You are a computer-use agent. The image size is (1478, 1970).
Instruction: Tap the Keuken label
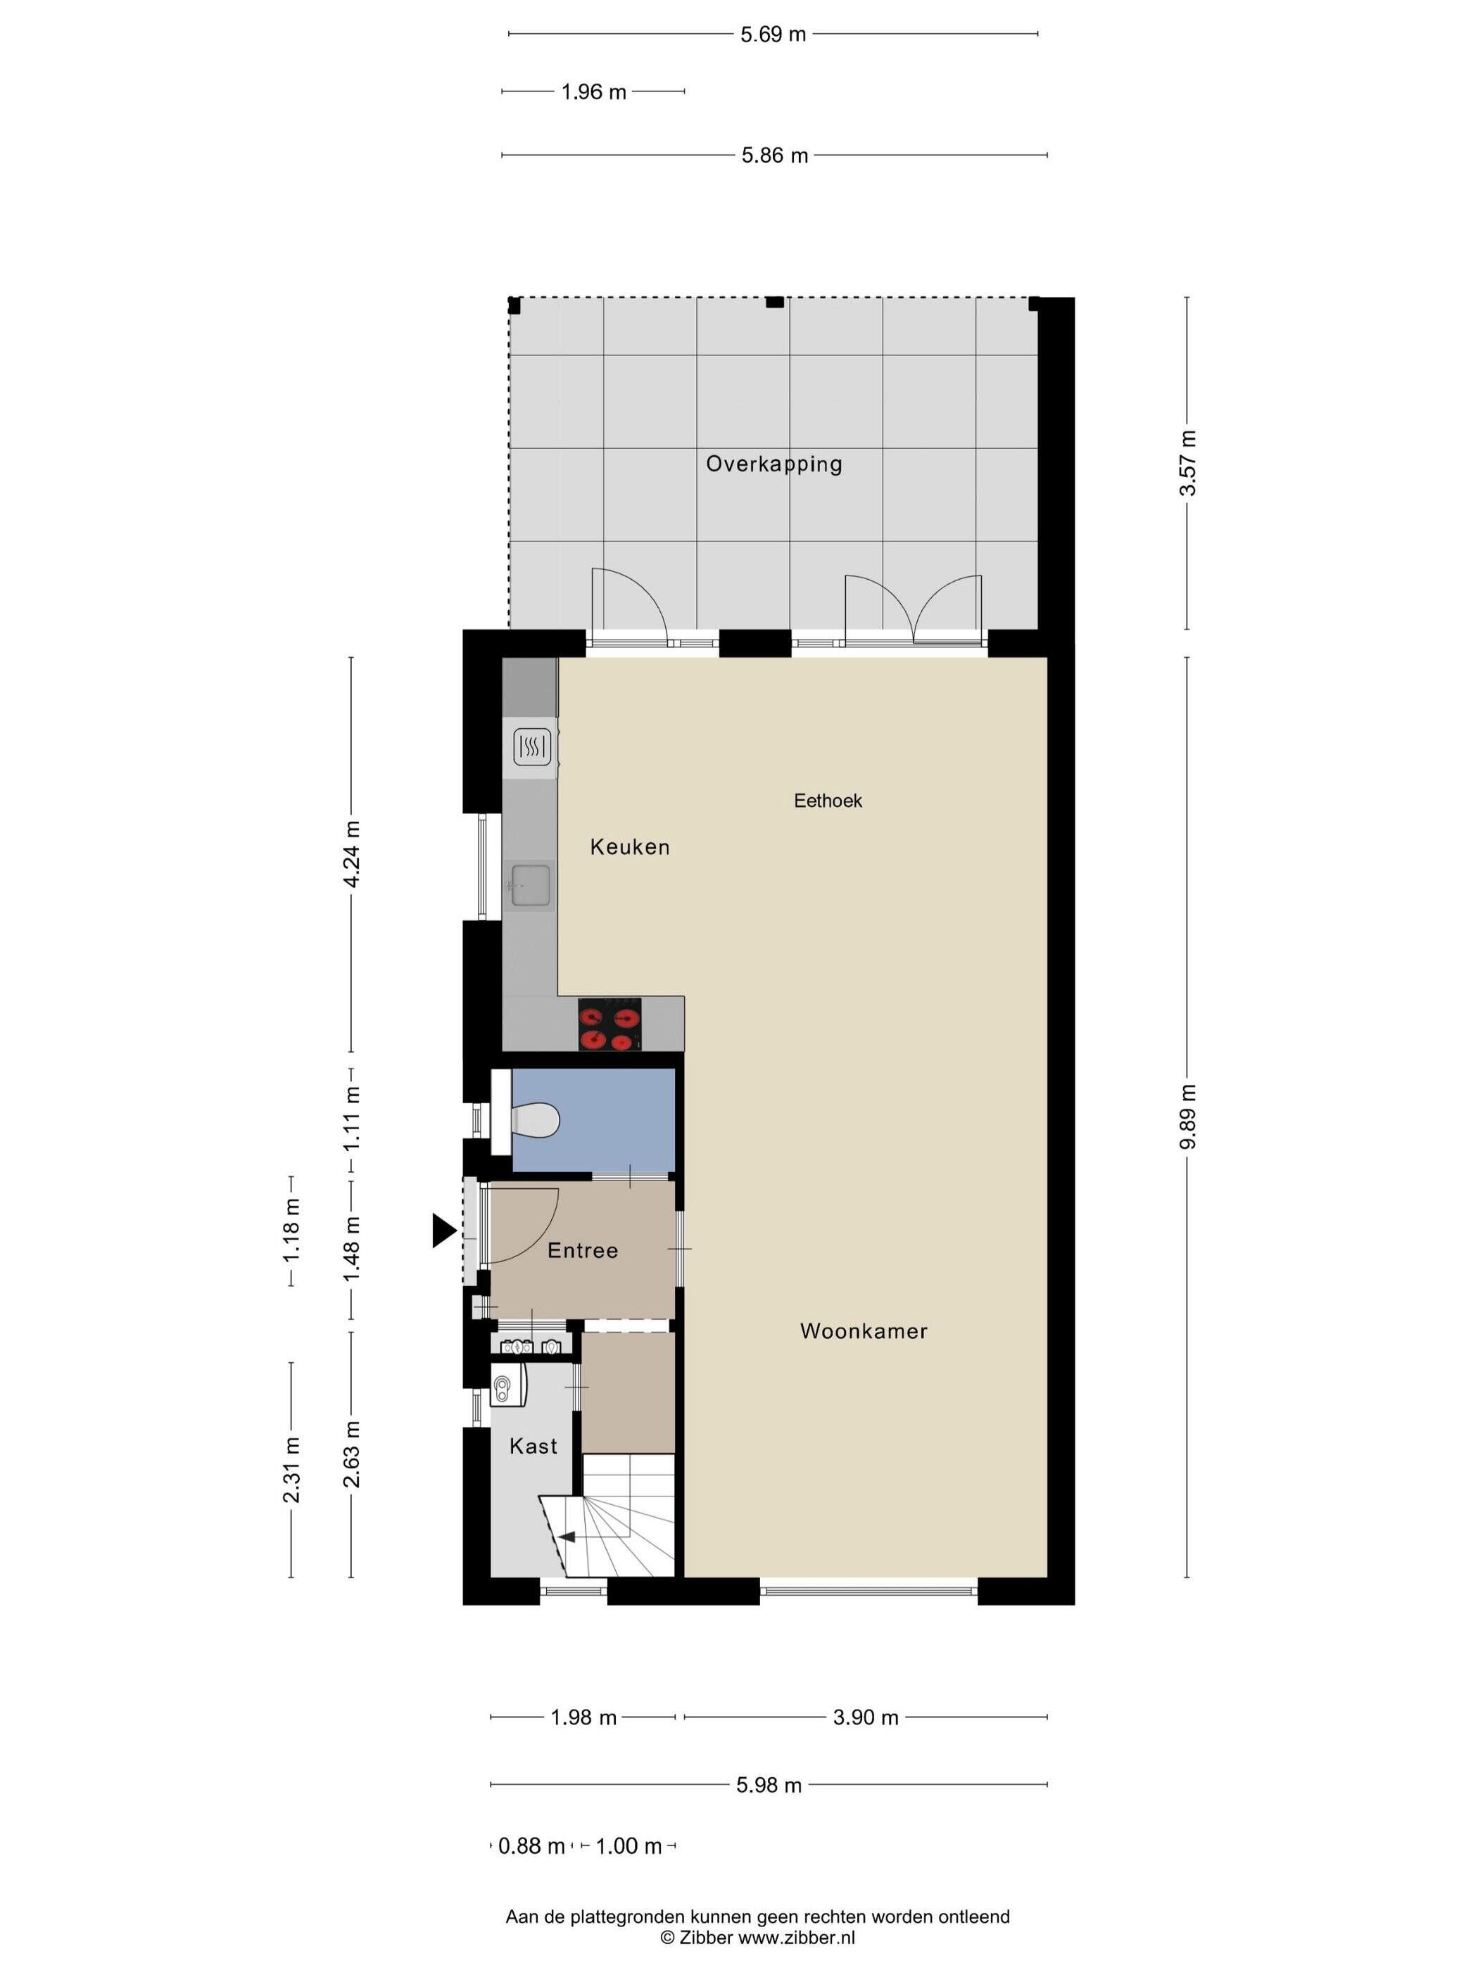(630, 847)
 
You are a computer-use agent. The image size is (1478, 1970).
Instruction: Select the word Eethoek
(828, 801)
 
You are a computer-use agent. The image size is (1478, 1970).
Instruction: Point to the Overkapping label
(773, 464)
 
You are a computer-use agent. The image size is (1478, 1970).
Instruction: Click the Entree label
(583, 1250)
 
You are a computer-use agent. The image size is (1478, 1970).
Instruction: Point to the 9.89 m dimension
(1187, 1117)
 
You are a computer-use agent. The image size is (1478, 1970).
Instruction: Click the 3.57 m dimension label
(1187, 463)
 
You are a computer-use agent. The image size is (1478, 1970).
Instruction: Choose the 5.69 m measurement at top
(773, 34)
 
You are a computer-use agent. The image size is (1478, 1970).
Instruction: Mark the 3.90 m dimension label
(865, 1717)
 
